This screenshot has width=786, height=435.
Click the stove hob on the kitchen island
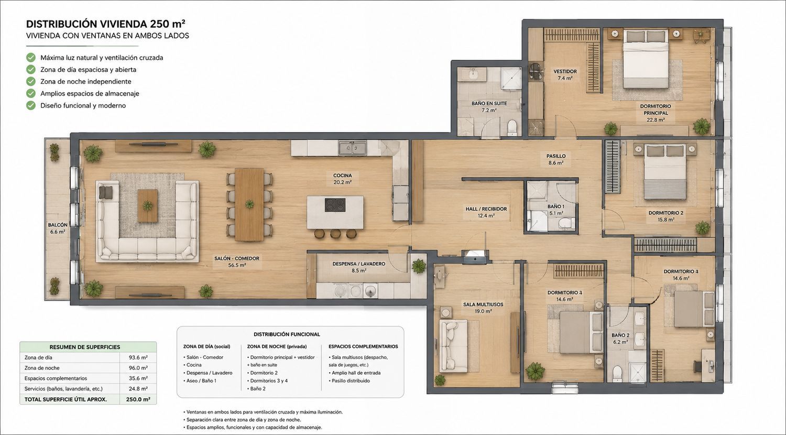[x=335, y=205]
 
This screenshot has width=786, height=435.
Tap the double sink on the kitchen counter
[x=352, y=148]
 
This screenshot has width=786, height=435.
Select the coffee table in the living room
[x=147, y=206]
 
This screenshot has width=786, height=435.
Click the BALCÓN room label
[x=58, y=225]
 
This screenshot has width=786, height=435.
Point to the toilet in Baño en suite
[x=512, y=127]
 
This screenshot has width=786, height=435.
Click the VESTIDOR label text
[x=565, y=72]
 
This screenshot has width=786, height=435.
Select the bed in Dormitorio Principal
[x=646, y=59]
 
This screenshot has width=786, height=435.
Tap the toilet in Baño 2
[x=617, y=374]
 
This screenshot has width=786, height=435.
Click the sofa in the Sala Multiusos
[x=454, y=345]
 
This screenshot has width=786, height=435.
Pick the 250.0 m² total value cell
[x=138, y=399]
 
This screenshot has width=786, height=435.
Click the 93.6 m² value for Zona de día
[x=138, y=357]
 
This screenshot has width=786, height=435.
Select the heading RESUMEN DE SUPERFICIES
[x=85, y=347]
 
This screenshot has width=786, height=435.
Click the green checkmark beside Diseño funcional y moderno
[x=31, y=105]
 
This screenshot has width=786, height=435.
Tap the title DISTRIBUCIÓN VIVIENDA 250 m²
[x=106, y=24]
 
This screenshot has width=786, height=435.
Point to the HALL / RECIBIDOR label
[x=486, y=209]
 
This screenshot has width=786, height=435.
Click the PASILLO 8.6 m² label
[x=556, y=159]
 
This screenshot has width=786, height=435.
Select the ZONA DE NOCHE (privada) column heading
[x=277, y=346]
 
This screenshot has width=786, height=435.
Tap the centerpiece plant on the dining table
[x=249, y=204]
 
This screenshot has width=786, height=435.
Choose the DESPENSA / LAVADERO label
[x=358, y=264]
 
